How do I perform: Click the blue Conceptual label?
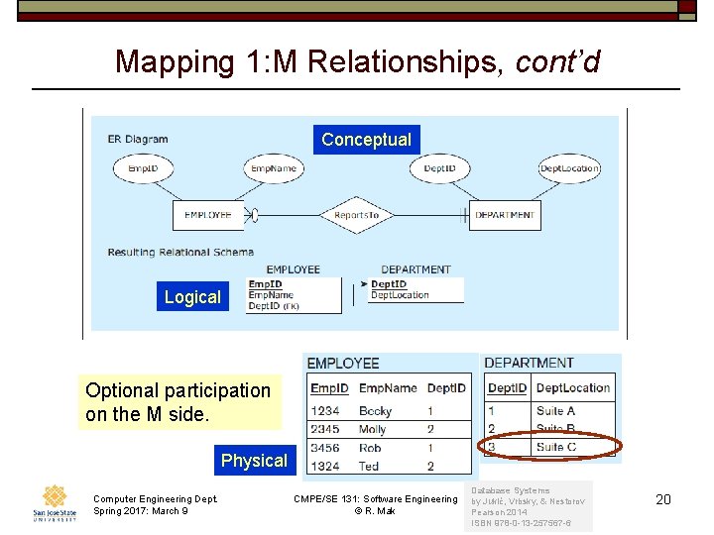[x=366, y=140]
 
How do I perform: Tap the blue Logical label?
[x=192, y=297]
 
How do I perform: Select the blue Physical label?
[x=254, y=461]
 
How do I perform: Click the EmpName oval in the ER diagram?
[x=274, y=168]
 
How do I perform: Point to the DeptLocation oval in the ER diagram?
[x=569, y=168]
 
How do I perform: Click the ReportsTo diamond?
[x=357, y=215]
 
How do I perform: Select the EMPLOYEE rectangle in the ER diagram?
[x=208, y=215]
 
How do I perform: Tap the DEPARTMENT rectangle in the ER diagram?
[x=504, y=215]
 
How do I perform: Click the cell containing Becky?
[x=376, y=411]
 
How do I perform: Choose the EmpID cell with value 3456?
[x=325, y=448]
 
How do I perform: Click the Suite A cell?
[x=556, y=411]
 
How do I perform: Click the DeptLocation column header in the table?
[x=573, y=387]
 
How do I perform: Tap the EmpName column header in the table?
[x=388, y=387]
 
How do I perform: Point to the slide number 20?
[x=663, y=499]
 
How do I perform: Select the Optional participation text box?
[x=178, y=402]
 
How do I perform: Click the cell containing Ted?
[x=369, y=466]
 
